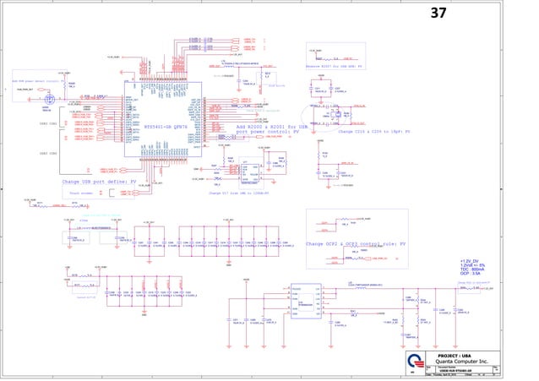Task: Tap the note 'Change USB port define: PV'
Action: tap(99, 182)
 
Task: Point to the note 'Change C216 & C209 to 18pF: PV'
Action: tap(373, 133)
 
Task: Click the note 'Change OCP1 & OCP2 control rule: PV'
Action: tap(356, 243)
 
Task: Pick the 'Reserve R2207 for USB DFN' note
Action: tap(333, 66)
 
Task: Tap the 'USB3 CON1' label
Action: tap(48, 123)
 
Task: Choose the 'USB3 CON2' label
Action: tap(48, 154)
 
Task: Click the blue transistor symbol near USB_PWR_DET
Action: tap(49, 100)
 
